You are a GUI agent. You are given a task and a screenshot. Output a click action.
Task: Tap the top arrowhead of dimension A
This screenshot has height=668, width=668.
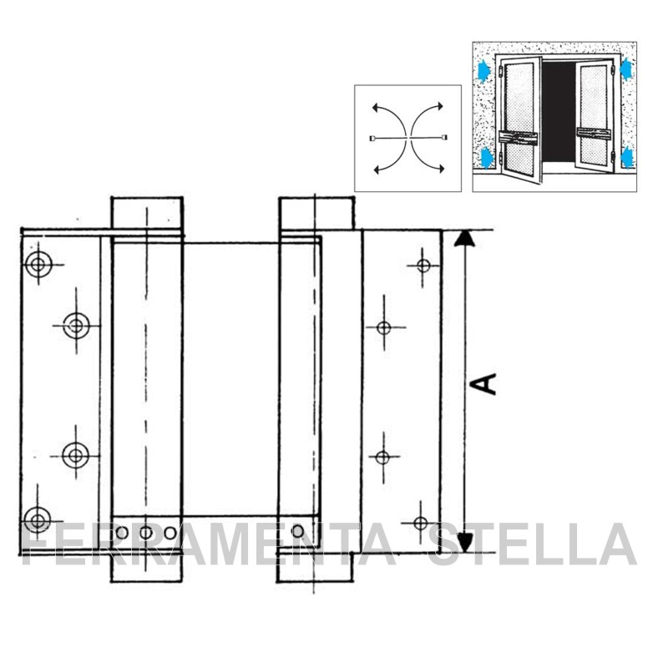[464, 239]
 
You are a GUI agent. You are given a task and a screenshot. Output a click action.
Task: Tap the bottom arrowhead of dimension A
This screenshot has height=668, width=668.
[465, 543]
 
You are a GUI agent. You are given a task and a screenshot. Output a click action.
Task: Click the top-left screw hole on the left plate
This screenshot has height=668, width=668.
[38, 264]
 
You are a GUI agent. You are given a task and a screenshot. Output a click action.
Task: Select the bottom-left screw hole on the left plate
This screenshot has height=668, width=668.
[38, 519]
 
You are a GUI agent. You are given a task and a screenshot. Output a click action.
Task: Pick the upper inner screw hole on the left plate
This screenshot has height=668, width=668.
[76, 326]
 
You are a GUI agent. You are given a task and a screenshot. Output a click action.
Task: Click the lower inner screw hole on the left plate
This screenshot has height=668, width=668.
[75, 455]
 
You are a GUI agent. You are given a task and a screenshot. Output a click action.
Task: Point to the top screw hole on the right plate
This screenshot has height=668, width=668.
[423, 266]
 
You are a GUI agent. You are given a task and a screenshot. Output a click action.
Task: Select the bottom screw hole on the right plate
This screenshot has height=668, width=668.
[421, 523]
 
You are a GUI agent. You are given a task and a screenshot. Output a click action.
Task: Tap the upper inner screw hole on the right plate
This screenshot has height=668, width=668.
[384, 327]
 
